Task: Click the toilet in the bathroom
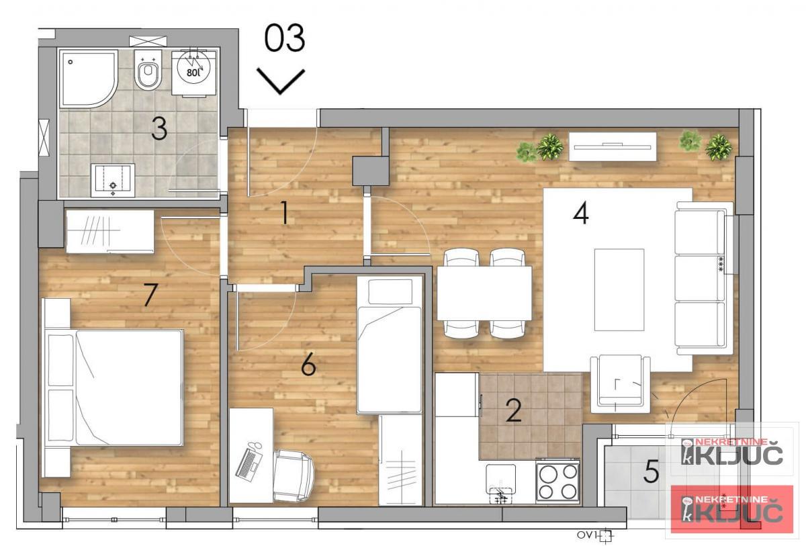[x=147, y=72]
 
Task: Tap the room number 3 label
[x=159, y=128]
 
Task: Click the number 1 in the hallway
[x=284, y=214]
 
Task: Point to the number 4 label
[x=581, y=214]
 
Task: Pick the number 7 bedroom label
[x=151, y=295]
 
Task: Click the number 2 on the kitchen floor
[x=514, y=410]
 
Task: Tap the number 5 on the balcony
[x=650, y=472]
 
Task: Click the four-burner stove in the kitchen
[x=557, y=481]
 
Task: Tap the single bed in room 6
[x=389, y=345]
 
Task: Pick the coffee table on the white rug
[x=619, y=289]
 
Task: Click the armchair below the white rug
[x=620, y=384]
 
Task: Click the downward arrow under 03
[x=281, y=81]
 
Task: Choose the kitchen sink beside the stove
[x=500, y=484]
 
